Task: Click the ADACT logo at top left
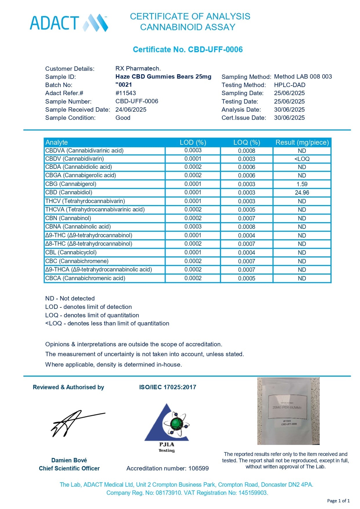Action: pos(69,23)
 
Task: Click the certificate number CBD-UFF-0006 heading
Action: pos(188,50)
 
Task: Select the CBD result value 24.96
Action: pos(302,193)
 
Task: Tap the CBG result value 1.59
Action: pos(302,184)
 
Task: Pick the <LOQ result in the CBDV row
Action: pos(302,159)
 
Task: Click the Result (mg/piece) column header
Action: pos(302,142)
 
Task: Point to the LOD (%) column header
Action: pos(193,142)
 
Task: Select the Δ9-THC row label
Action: pos(89,235)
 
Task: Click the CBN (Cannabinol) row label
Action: pos(68,218)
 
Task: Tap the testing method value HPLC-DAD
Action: pos(290,85)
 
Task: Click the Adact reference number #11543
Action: pos(126,93)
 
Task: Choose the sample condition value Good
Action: pos(123,118)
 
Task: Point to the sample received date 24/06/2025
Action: pos(131,110)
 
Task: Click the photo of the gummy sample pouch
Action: pos(288,411)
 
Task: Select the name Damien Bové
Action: pos(69,460)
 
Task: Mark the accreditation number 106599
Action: pos(198,468)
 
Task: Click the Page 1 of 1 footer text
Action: pos(338,501)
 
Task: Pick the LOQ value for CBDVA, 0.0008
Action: pos(247,151)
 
